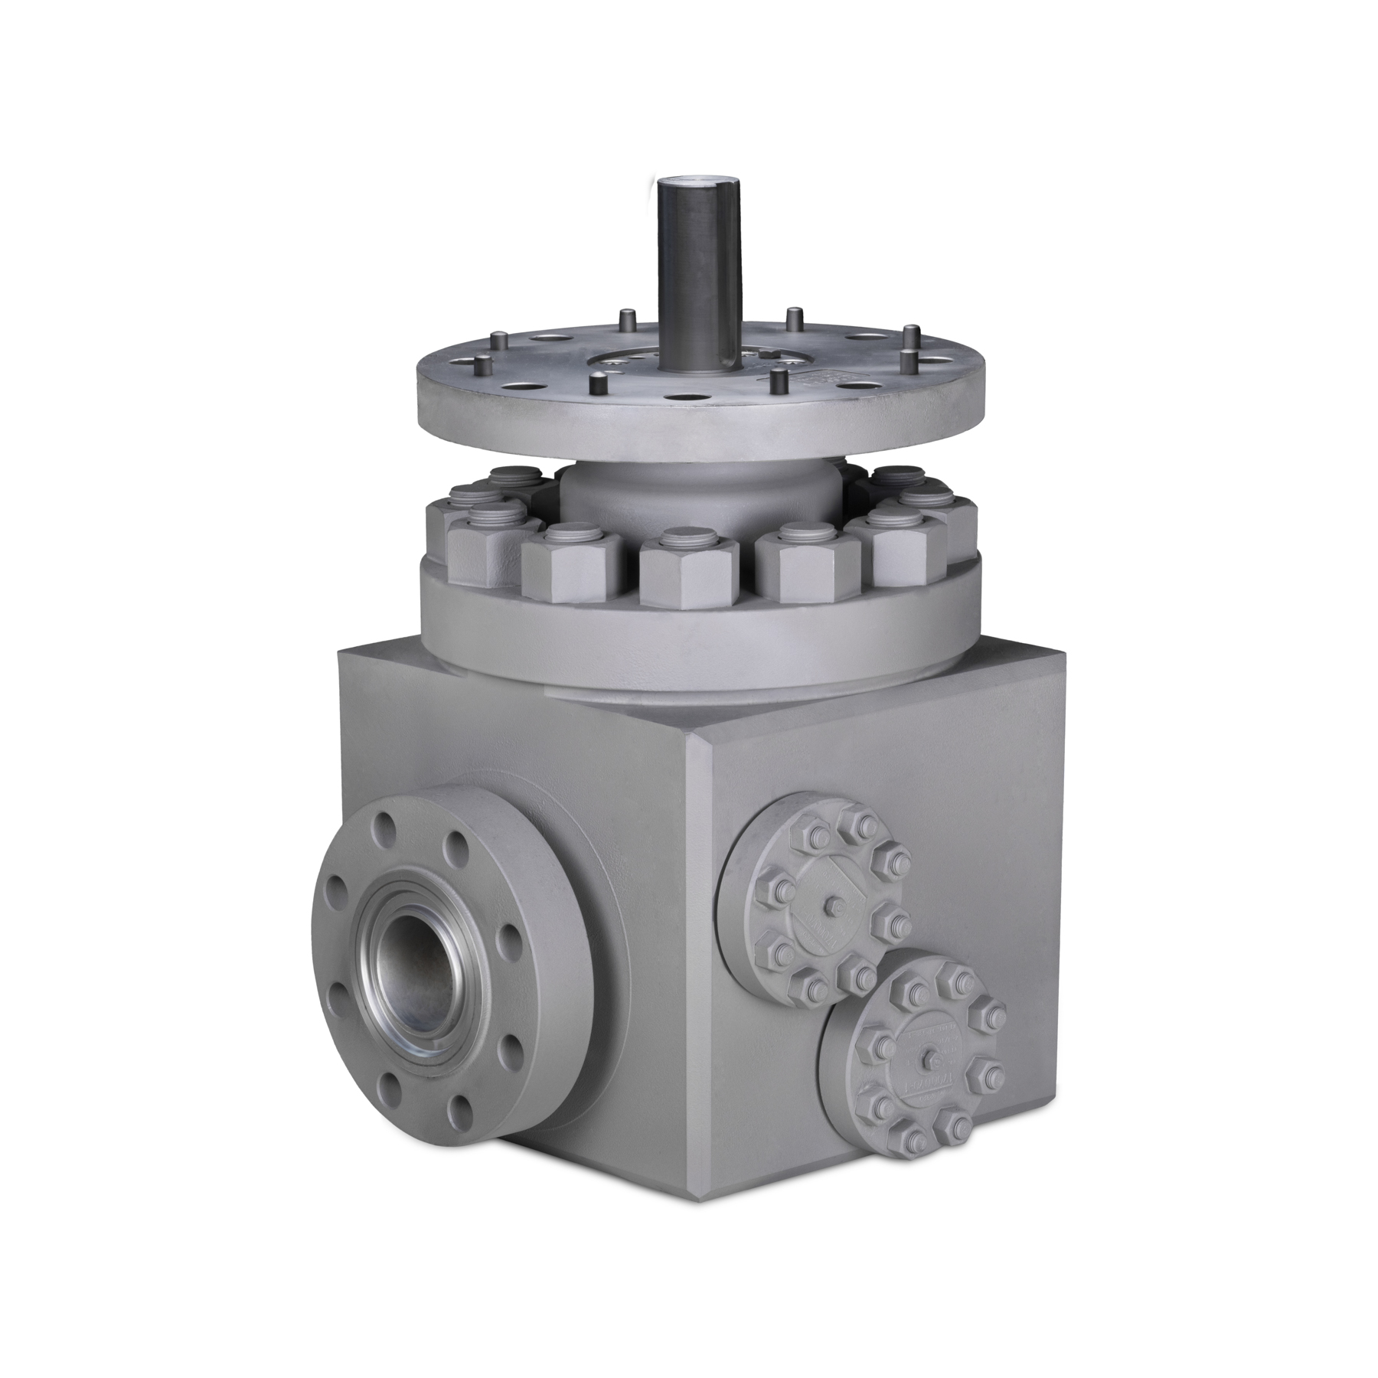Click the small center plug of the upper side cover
point(828,906)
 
